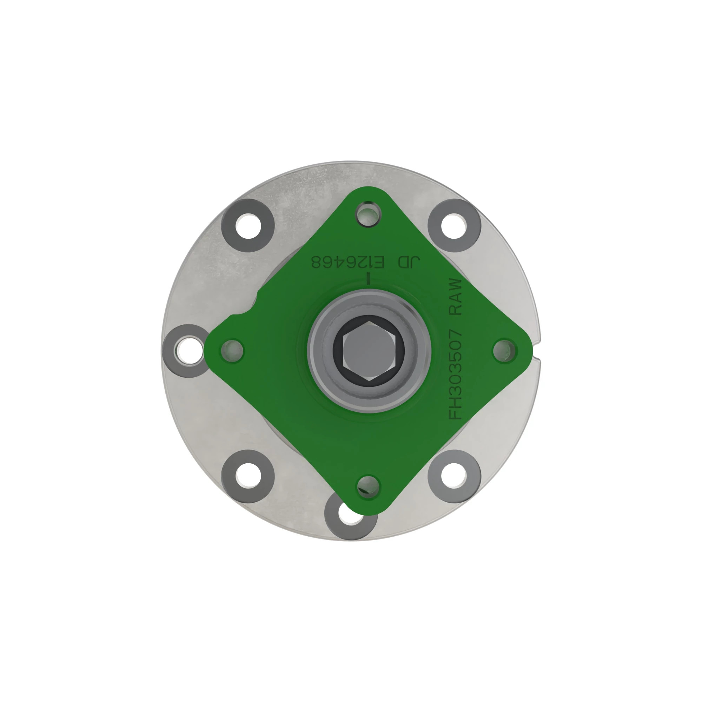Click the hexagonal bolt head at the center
tap(369, 351)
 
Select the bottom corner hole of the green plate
tap(369, 486)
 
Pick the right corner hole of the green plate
tap(504, 350)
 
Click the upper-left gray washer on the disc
tap(248, 225)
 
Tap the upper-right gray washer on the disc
tap(454, 225)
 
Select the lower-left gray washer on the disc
tap(248, 476)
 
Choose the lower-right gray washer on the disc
tap(454, 476)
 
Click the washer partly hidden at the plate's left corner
tap(182, 351)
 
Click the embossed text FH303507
tap(456, 374)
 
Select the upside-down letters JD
tap(409, 262)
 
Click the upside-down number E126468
tap(348, 262)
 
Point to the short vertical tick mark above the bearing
tap(369, 279)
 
